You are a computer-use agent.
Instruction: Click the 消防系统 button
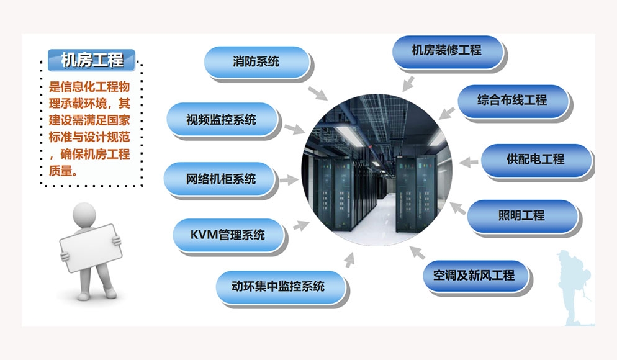(x=256, y=62)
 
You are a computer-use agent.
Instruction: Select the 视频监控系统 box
(x=222, y=119)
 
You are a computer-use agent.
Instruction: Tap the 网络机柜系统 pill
(x=220, y=179)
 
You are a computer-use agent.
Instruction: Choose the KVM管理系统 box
(x=228, y=235)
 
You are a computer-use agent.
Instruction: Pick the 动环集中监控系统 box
(x=279, y=286)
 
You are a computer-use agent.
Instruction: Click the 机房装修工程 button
(x=448, y=51)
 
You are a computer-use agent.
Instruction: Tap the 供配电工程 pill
(x=536, y=160)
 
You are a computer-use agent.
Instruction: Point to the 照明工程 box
(x=522, y=216)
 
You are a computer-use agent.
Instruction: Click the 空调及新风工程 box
(x=475, y=276)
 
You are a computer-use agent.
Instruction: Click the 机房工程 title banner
(x=92, y=60)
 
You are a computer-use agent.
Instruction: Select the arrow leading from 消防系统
(x=317, y=93)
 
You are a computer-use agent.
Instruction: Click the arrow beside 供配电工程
(x=468, y=162)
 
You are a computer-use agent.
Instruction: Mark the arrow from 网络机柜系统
(x=289, y=180)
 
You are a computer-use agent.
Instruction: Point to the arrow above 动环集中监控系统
(x=349, y=260)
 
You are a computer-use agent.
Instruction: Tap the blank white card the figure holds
(x=91, y=248)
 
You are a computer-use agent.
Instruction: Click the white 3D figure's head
(x=84, y=214)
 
